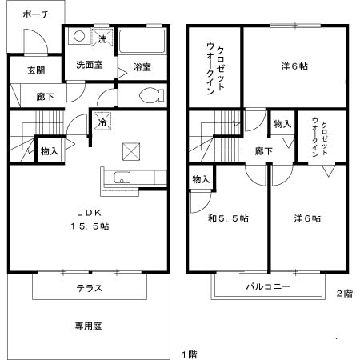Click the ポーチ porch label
[x=36, y=14]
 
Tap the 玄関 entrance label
[x=36, y=70]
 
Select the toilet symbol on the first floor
[x=151, y=95]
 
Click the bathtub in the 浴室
[x=142, y=42]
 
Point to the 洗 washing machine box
[x=102, y=37]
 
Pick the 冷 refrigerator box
[x=102, y=122]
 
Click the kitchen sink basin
[x=122, y=178]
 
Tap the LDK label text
[x=90, y=213]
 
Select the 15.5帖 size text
[x=90, y=226]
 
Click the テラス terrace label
[x=90, y=288]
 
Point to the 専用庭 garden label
[x=88, y=326]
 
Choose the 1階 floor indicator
[x=190, y=354]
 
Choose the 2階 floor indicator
[x=345, y=294]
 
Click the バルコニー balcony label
[x=268, y=286]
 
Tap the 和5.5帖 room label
[x=228, y=218]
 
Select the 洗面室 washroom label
[x=90, y=65]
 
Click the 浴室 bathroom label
[x=142, y=67]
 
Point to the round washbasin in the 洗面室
[x=79, y=36]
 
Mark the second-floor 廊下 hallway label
[x=264, y=151]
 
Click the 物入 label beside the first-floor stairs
[x=50, y=151]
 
